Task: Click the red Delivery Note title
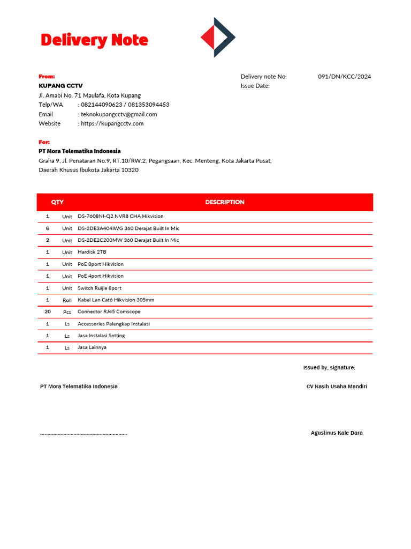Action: pyautogui.click(x=94, y=40)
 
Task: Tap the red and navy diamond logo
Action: pyautogui.click(x=218, y=37)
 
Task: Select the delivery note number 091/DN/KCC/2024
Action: pyautogui.click(x=344, y=77)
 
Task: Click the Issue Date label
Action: pyautogui.click(x=255, y=86)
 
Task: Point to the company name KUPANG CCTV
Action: pyautogui.click(x=60, y=86)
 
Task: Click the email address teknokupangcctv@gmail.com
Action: pyautogui.click(x=119, y=114)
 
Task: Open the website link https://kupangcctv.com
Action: pyautogui.click(x=112, y=123)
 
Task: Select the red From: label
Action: pyautogui.click(x=47, y=77)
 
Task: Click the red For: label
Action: pyautogui.click(x=44, y=142)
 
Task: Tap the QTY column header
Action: pyautogui.click(x=57, y=202)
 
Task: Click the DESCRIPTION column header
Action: pyautogui.click(x=225, y=202)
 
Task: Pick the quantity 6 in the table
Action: pyautogui.click(x=48, y=228)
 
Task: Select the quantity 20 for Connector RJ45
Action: pyautogui.click(x=48, y=311)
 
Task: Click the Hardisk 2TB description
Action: pyautogui.click(x=92, y=252)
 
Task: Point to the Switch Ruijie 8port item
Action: pyautogui.click(x=100, y=288)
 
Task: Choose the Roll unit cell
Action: pyautogui.click(x=67, y=300)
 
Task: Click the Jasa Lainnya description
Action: pyautogui.click(x=92, y=347)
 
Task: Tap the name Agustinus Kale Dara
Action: pyautogui.click(x=336, y=433)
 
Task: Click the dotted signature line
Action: pyautogui.click(x=83, y=434)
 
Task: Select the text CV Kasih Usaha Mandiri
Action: pyautogui.click(x=336, y=387)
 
